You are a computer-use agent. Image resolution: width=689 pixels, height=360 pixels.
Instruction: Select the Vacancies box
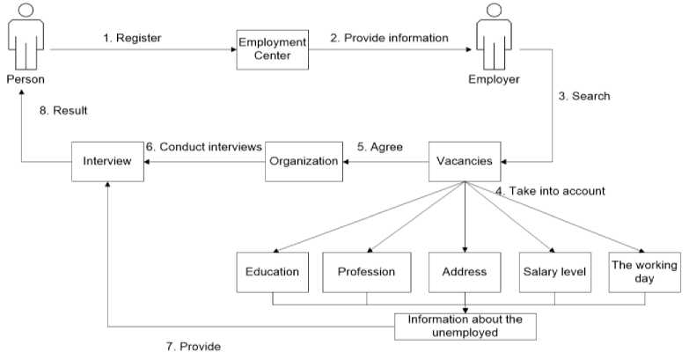click(465, 161)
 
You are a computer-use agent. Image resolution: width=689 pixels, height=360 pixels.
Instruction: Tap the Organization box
click(303, 161)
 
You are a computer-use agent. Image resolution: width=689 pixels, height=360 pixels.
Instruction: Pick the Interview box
click(107, 161)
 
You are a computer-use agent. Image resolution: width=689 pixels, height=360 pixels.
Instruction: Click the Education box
click(273, 272)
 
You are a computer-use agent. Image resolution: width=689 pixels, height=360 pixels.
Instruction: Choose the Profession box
click(367, 272)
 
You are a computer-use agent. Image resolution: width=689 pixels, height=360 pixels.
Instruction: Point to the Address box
click(465, 272)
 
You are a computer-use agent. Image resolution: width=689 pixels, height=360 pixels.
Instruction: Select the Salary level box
click(554, 272)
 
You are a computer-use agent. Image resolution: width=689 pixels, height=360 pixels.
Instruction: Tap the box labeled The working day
click(644, 272)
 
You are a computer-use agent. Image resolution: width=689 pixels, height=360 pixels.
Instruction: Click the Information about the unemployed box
click(465, 325)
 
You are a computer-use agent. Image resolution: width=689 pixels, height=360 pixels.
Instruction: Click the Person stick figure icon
click(26, 35)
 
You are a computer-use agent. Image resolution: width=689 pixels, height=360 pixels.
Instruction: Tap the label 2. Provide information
click(390, 38)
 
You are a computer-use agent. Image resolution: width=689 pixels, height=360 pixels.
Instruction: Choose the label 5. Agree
click(379, 147)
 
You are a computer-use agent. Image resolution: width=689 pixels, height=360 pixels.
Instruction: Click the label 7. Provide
click(194, 347)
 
